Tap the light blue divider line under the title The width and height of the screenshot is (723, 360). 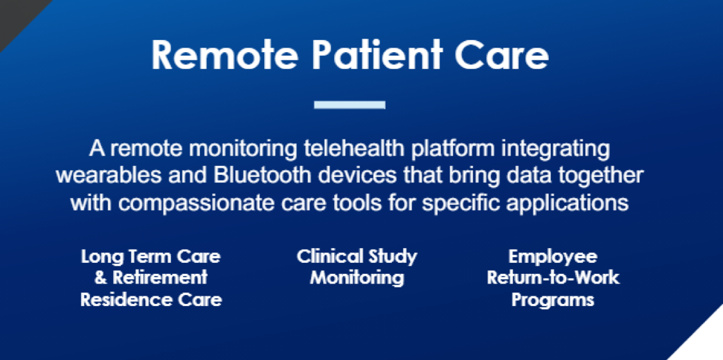point(350,105)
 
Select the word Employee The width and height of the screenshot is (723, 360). point(553,256)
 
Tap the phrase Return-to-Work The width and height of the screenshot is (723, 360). point(553,278)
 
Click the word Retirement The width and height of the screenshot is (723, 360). point(160,278)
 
